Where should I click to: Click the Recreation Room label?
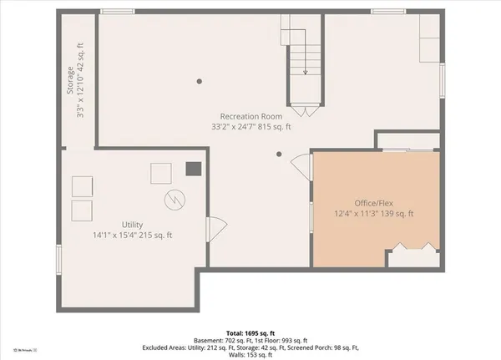250,115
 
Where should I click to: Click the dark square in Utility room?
193,169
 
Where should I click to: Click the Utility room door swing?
214,226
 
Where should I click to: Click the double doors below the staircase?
304,109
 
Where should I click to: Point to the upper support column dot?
199,81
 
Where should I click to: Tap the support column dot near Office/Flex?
281,154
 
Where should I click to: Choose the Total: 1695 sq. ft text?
250,332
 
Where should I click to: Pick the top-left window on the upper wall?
118,11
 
